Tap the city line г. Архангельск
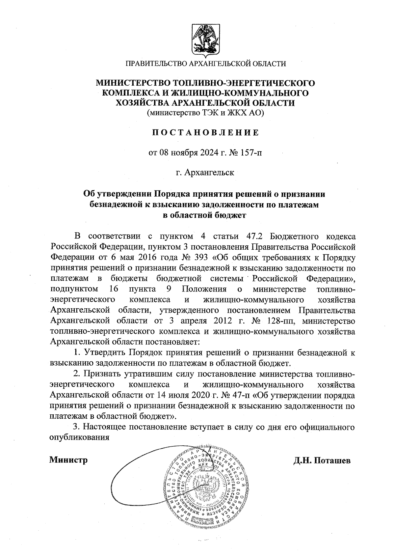click(x=205, y=172)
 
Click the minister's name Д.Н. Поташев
click(x=322, y=460)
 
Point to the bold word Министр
click(x=68, y=460)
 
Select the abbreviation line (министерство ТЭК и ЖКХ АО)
click(x=205, y=113)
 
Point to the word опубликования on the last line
click(x=79, y=438)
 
